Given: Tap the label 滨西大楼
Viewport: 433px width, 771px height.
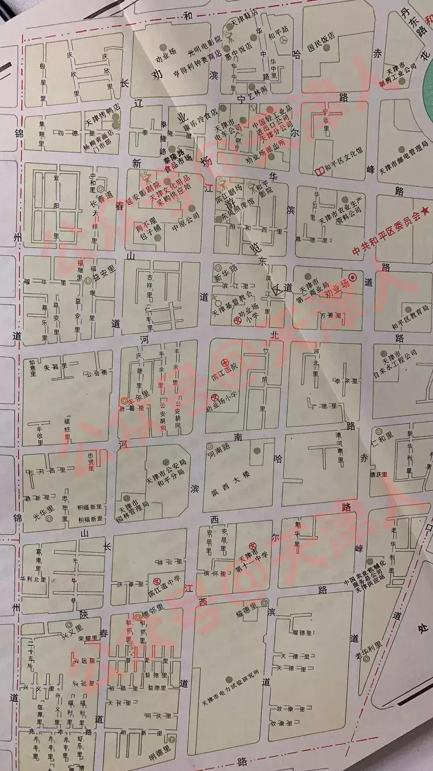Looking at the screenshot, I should (231, 483).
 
